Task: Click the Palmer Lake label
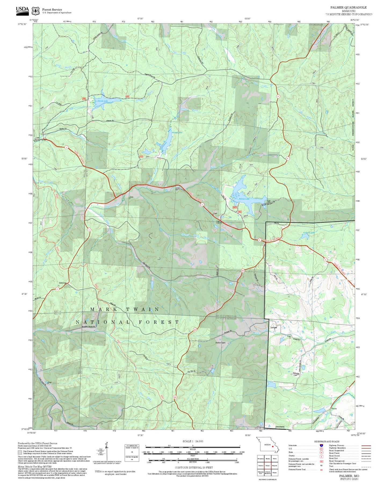244,199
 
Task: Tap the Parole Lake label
102,101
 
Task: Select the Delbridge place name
63,283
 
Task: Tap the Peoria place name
334,409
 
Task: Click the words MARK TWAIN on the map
125,310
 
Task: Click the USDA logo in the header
22,10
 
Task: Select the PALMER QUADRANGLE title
348,7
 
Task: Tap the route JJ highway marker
348,389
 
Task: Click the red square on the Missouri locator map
273,447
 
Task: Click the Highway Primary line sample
366,445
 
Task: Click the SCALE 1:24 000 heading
193,441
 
